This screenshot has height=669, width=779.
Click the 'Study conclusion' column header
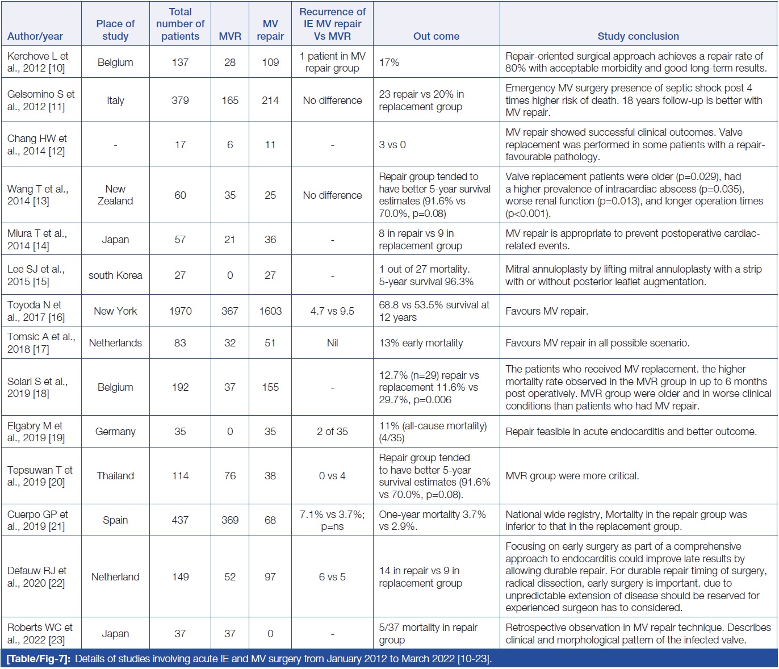638,36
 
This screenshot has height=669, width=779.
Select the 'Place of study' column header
115,30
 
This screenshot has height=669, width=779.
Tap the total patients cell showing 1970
180,311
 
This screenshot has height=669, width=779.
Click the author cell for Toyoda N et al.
36,311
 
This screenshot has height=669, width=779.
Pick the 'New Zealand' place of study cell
115,195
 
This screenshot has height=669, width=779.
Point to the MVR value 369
230,520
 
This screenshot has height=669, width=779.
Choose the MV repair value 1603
270,311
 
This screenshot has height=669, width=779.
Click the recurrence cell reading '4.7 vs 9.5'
332,311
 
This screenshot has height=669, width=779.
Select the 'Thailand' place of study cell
115,476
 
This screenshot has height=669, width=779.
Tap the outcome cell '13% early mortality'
421,343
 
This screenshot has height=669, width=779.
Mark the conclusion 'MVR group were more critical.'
572,476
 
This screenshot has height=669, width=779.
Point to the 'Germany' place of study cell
115,432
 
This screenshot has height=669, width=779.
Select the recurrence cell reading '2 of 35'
332,432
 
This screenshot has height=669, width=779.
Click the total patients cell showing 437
180,520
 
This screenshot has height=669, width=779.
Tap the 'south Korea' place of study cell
115,275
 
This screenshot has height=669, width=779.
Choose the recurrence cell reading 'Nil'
332,343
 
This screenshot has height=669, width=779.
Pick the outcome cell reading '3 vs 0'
392,145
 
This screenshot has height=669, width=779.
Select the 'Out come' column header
436,36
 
